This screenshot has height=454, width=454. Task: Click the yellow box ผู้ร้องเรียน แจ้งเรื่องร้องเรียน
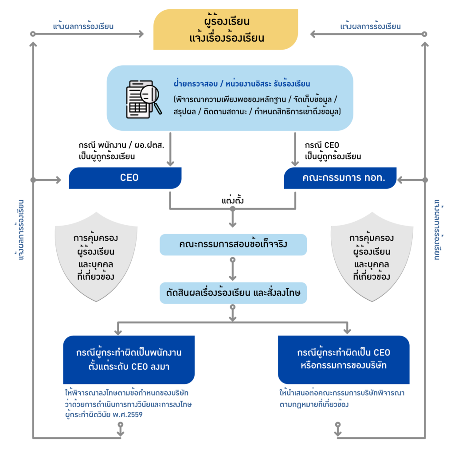tap(225, 29)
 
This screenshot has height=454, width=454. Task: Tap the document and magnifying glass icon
tap(143, 98)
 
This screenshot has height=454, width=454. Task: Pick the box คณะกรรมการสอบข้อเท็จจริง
tap(233, 244)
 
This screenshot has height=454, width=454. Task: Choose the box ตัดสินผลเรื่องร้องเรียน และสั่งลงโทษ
tap(233, 293)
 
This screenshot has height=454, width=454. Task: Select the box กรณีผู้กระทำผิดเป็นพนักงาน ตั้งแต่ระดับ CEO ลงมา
tap(129, 359)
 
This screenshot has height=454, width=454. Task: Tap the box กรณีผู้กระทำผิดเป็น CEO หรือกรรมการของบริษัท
tap(344, 359)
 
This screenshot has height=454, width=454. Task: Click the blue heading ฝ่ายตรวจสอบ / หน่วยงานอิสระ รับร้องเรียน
tap(242, 84)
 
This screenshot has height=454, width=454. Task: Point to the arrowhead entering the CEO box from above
tap(170, 163)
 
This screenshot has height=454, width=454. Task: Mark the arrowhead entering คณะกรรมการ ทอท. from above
tap(295, 163)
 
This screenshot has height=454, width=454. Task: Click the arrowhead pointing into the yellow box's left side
tap(141, 34)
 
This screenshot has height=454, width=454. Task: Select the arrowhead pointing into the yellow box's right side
tap(313, 34)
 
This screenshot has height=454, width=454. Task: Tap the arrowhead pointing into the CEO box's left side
tap(58, 180)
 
